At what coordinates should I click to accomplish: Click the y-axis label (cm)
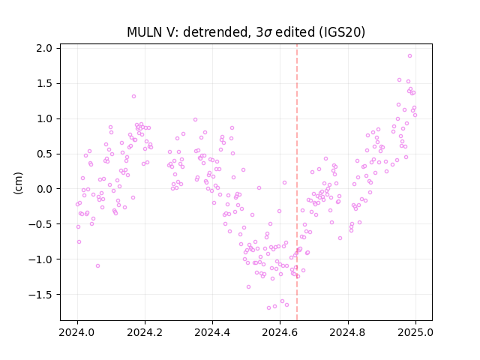(18, 183)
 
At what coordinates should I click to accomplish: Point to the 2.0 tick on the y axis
(44, 48)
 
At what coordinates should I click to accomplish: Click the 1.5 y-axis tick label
(44, 83)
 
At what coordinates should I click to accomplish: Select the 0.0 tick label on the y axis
(44, 189)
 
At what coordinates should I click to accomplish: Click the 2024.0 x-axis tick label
(77, 332)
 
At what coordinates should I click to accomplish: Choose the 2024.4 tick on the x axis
(212, 332)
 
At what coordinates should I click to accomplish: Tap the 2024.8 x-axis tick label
(348, 332)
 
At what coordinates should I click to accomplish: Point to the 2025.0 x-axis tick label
(415, 332)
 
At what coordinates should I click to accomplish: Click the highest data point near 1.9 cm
(410, 56)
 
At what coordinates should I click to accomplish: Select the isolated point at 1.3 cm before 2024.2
(133, 97)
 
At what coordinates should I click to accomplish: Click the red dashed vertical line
(297, 182)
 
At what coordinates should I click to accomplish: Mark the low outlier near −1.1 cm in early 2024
(98, 265)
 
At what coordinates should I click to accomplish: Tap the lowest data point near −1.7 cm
(268, 307)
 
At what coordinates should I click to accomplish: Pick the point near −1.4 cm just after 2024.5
(248, 286)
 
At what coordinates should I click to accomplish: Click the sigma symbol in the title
(268, 33)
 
